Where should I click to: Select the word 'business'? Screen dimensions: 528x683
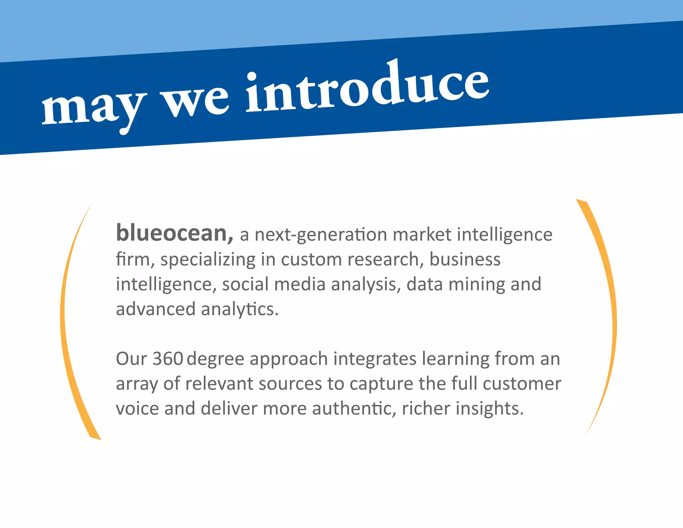[x=465, y=259]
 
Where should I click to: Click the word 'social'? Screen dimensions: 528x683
[x=245, y=284]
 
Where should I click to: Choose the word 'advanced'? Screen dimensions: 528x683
[x=155, y=309]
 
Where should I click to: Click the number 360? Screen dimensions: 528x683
[x=168, y=359]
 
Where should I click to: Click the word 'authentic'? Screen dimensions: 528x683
[x=354, y=409]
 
